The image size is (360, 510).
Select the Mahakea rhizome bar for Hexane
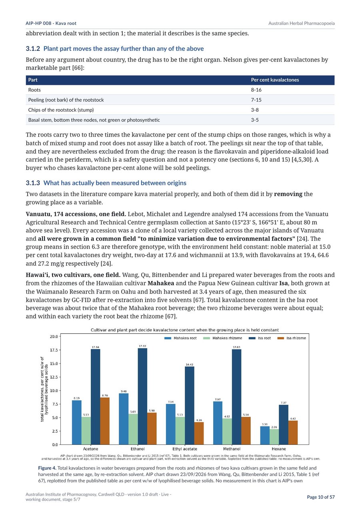274,437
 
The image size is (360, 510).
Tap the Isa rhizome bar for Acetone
105,421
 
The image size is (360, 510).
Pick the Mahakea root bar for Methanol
218,423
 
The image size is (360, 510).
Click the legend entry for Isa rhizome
292,338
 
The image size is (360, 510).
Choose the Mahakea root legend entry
180,338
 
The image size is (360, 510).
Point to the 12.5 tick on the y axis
54,377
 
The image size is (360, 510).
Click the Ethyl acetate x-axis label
185,449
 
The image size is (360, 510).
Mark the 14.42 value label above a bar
190,365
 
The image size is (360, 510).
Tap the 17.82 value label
142,346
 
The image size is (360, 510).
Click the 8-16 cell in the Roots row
256,90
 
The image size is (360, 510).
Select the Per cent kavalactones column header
275,80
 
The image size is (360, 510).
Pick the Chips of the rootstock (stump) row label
61,110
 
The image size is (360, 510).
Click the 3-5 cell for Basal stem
255,120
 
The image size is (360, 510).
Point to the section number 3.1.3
33,183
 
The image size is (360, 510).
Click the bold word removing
288,194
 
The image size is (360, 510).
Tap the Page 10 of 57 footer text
321,497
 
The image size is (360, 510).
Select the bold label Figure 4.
47,468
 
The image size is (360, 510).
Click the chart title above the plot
185,330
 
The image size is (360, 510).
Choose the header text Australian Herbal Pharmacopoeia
302,23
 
